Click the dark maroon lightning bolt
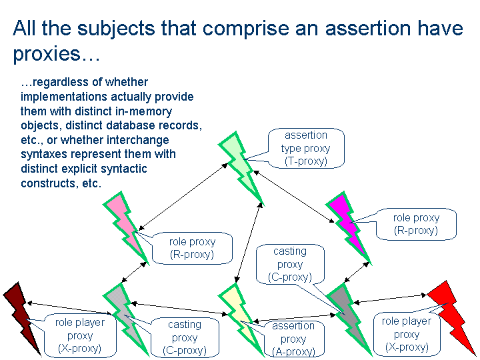pyautogui.click(x=21, y=315)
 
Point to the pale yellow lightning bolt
pyautogui.click(x=241, y=317)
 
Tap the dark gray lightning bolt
pyautogui.click(x=348, y=317)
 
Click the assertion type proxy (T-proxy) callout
pyautogui.click(x=306, y=149)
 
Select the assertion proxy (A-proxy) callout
pyautogui.click(x=293, y=339)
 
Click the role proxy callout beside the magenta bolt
pyautogui.click(x=416, y=224)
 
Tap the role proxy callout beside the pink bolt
pyautogui.click(x=192, y=248)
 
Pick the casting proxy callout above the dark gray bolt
pyautogui.click(x=290, y=264)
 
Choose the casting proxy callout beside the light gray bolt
pyautogui.click(x=185, y=337)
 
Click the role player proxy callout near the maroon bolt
pyautogui.click(x=79, y=335)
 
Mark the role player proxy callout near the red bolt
pyautogui.click(x=407, y=334)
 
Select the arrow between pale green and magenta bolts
pyautogui.click(x=294, y=197)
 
